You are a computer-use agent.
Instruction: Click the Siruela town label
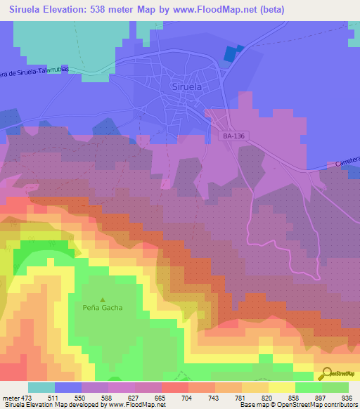pyautogui.click(x=186, y=87)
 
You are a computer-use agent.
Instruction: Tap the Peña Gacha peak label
pyautogui.click(x=103, y=308)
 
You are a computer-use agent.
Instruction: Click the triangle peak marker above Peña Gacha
pyautogui.click(x=103, y=298)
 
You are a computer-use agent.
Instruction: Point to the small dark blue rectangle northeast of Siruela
pyautogui.click(x=231, y=54)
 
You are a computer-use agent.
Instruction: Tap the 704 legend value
pyautogui.click(x=187, y=398)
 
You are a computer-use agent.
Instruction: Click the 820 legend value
pyautogui.click(x=266, y=398)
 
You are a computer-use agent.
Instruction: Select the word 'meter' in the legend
pyautogui.click(x=10, y=398)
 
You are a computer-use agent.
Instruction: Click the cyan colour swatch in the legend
pyautogui.click(x=41, y=387)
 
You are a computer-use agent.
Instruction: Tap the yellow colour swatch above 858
pyautogui.click(x=281, y=387)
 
